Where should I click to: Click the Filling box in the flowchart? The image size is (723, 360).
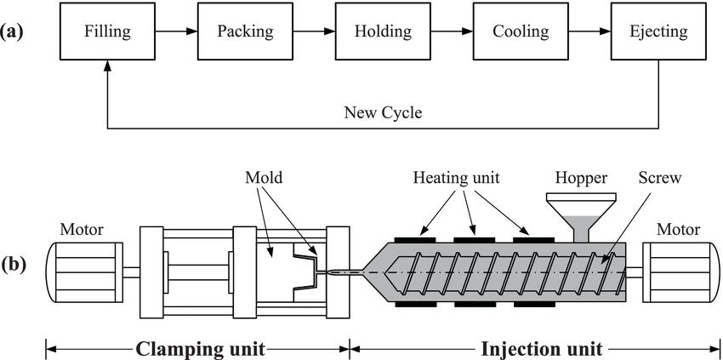click(107, 32)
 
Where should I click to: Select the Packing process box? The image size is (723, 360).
click(245, 32)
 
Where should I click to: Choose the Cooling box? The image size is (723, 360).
click(521, 32)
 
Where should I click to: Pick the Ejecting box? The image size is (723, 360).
click(658, 32)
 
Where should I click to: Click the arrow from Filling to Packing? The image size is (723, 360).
click(176, 32)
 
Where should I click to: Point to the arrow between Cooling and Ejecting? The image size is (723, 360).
click(589, 32)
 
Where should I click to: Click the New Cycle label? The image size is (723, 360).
click(383, 112)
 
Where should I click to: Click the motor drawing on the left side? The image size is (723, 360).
click(83, 271)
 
